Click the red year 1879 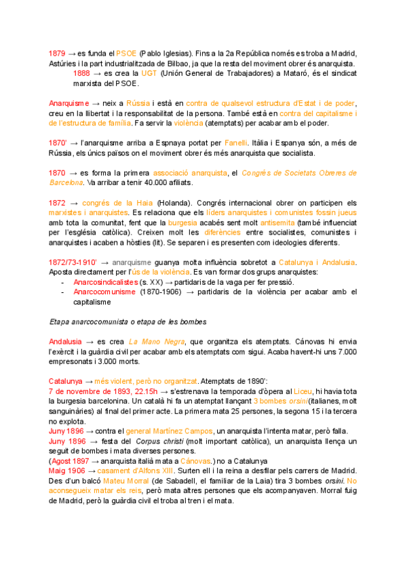coord(58,53)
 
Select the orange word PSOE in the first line coord(126,53)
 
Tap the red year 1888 coord(81,73)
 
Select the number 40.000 coord(135,183)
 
